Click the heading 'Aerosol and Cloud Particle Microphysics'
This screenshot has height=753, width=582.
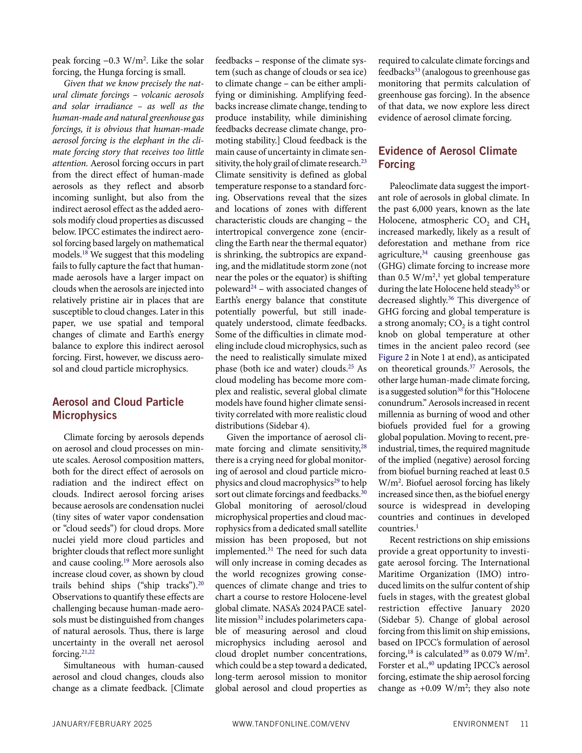118,408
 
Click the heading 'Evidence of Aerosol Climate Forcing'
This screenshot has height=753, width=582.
447,157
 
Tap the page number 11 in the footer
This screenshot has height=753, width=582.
524,724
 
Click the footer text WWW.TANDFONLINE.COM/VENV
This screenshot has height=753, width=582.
291,724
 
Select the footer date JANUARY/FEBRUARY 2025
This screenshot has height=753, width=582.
102,724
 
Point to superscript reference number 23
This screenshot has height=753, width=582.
363,161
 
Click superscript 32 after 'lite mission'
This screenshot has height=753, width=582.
261,617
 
